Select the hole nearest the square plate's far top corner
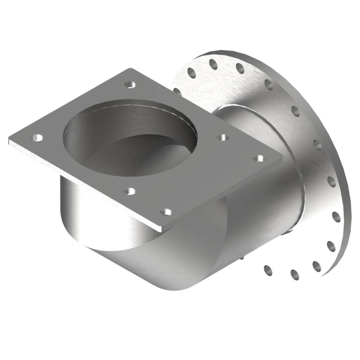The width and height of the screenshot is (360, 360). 130,85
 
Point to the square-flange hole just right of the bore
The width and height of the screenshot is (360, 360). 223,137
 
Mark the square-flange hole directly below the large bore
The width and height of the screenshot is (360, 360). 130,190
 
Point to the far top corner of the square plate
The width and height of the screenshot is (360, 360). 130,69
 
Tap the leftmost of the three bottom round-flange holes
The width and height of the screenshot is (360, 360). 268,270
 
